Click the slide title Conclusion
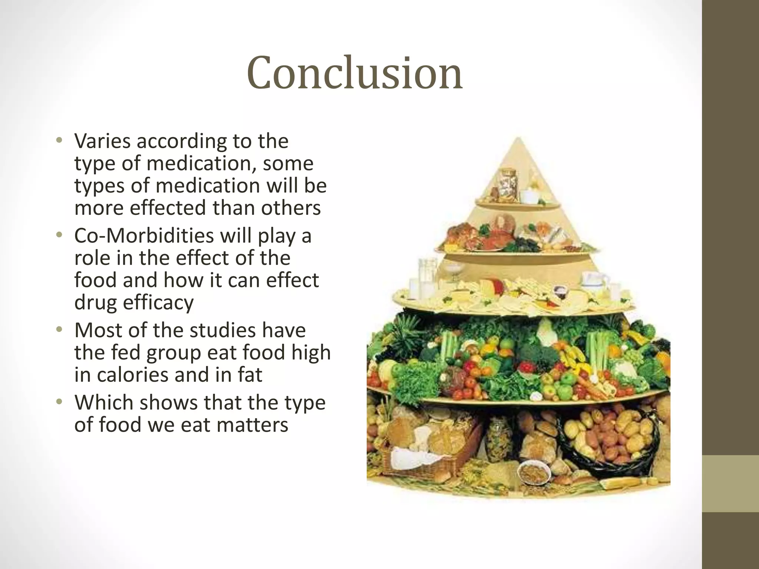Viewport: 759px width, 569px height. (354, 73)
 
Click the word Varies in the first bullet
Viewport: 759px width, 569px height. (102, 141)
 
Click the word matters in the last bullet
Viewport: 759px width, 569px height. (252, 425)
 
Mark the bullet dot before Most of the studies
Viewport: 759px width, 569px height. (59, 329)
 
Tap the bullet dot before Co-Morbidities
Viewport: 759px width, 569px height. (59, 235)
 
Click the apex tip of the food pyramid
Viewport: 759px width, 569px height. (518, 139)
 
